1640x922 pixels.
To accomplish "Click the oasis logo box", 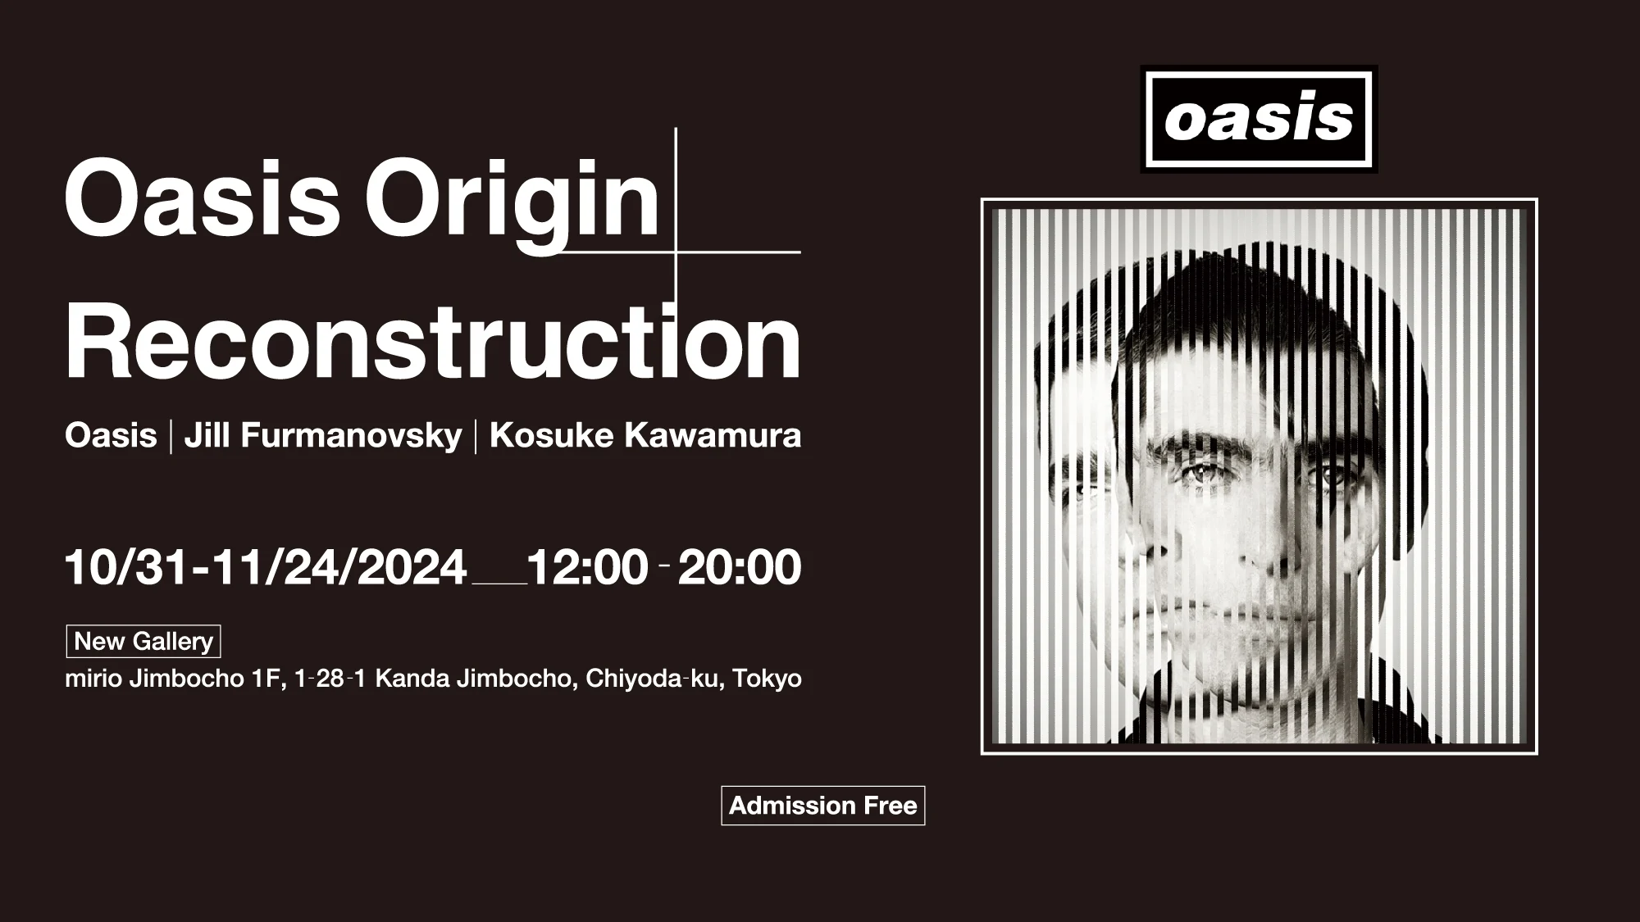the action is click(x=1259, y=120).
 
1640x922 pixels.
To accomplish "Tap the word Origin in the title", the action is click(x=512, y=202).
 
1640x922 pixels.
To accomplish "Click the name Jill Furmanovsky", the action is click(x=323, y=435).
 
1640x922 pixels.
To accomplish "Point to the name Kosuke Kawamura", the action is click(x=645, y=435).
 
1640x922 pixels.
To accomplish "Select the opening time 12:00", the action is click(x=587, y=567).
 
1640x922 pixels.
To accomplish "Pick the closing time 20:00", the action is click(x=740, y=567).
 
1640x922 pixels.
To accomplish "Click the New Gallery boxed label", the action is click(x=143, y=641).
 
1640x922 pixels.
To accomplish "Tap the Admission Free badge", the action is click(x=823, y=806).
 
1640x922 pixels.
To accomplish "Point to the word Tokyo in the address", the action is click(x=767, y=679).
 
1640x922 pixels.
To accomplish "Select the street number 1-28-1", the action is click(x=330, y=679).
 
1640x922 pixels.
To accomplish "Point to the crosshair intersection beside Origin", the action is click(x=676, y=252).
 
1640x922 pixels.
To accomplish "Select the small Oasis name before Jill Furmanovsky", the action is click(x=111, y=435).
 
